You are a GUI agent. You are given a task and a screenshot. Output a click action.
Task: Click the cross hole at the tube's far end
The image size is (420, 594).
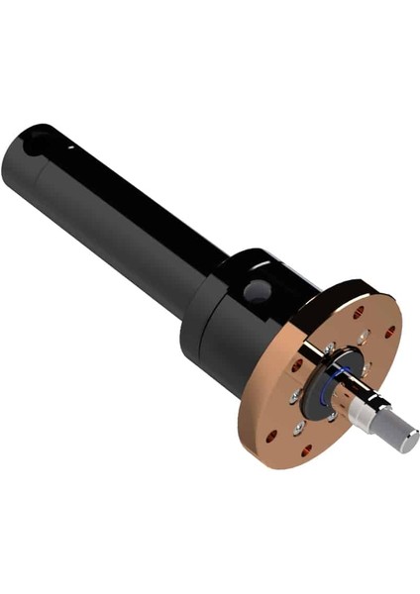pos(36,144)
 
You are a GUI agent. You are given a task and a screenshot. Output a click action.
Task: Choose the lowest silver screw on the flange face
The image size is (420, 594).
pos(298,428)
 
